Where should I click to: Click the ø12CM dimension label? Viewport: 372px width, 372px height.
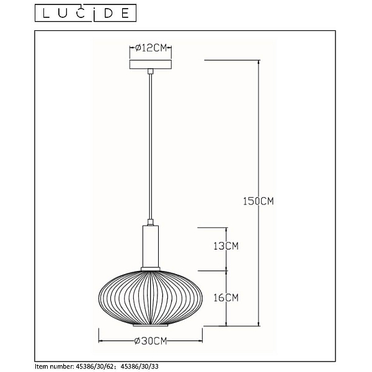click(151, 48)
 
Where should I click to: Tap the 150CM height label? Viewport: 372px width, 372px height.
click(259, 201)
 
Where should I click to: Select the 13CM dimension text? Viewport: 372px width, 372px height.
click(226, 246)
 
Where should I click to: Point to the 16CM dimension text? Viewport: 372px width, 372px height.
click(226, 298)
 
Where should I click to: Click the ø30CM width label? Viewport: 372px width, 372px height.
click(151, 341)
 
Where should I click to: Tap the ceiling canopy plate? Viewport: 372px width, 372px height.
click(151, 64)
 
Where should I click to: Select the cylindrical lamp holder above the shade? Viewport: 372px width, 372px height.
click(151, 246)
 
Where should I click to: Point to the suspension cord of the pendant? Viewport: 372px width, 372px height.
click(151, 146)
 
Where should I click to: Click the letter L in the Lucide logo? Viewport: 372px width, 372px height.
click(46, 13)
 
